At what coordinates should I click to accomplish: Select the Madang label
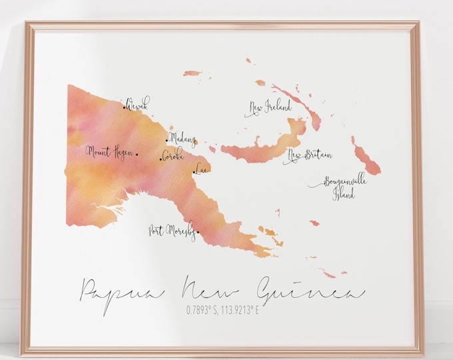click(183, 138)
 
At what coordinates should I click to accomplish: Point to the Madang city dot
click(167, 141)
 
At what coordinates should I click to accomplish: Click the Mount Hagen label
click(109, 152)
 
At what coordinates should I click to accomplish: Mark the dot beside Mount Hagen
click(137, 155)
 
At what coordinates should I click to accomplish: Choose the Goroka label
click(173, 156)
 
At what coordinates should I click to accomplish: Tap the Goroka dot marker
click(160, 159)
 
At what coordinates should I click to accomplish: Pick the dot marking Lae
click(195, 173)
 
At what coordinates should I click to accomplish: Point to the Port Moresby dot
click(198, 233)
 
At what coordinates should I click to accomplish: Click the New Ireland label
click(270, 107)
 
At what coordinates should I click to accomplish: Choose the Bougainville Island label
click(339, 187)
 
